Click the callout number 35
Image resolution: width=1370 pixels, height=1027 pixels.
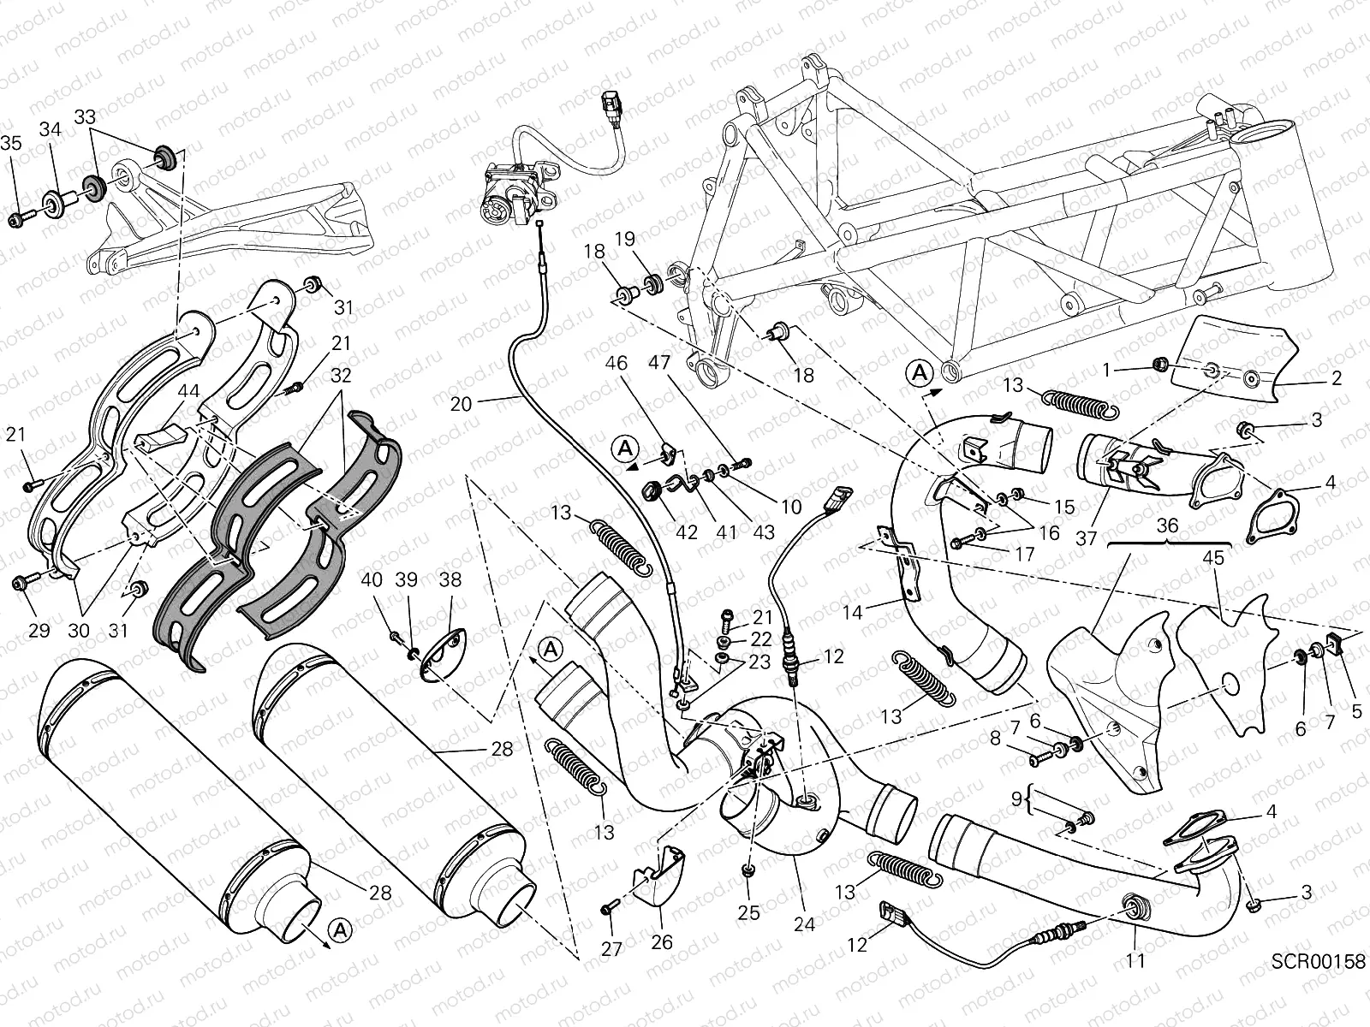(x=11, y=143)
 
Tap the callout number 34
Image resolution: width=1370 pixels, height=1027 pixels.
(x=51, y=130)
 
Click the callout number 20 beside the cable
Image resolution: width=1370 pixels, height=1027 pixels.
(x=461, y=403)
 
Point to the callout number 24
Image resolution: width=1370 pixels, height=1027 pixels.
(x=804, y=923)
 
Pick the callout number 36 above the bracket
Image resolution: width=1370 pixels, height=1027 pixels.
(x=1168, y=525)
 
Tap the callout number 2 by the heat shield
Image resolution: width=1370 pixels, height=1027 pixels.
(x=1337, y=379)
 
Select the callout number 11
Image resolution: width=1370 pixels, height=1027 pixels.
(x=1135, y=961)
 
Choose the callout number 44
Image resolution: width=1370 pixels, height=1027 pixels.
(x=188, y=391)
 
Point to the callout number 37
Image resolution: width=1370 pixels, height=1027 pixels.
(x=1087, y=537)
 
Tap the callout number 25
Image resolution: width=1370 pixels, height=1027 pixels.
(x=748, y=913)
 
